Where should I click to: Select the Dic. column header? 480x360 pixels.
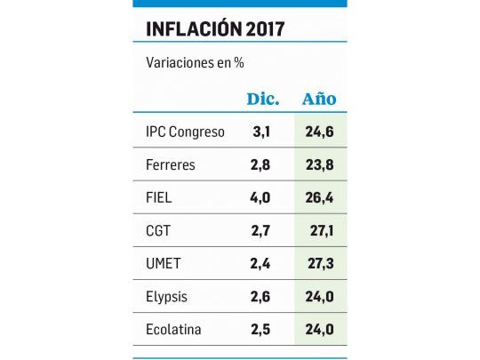pos(261,98)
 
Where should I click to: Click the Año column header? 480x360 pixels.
pos(319,98)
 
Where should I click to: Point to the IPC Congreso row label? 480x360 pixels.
pos(185,132)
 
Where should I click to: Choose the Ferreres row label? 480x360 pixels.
pos(170,164)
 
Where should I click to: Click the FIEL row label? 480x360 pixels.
pos(159,197)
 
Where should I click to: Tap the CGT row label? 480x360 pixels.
pos(158,230)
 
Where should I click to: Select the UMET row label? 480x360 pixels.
pos(162,263)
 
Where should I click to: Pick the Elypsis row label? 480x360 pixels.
pos(167,296)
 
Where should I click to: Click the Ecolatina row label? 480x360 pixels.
pos(172,329)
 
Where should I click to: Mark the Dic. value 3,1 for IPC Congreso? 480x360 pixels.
pos(261,132)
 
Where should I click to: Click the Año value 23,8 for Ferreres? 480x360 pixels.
pos(319,164)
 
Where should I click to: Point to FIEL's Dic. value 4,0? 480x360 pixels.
pos(261,197)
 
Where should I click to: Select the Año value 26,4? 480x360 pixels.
pos(319,197)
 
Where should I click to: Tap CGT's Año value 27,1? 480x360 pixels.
pos(319,230)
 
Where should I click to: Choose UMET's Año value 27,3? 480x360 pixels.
pos(319,263)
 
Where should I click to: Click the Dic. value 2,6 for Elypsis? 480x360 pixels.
pos(261,296)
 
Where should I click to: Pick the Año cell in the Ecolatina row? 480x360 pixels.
pos(319,329)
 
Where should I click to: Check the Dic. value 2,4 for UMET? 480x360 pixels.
pos(261,263)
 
